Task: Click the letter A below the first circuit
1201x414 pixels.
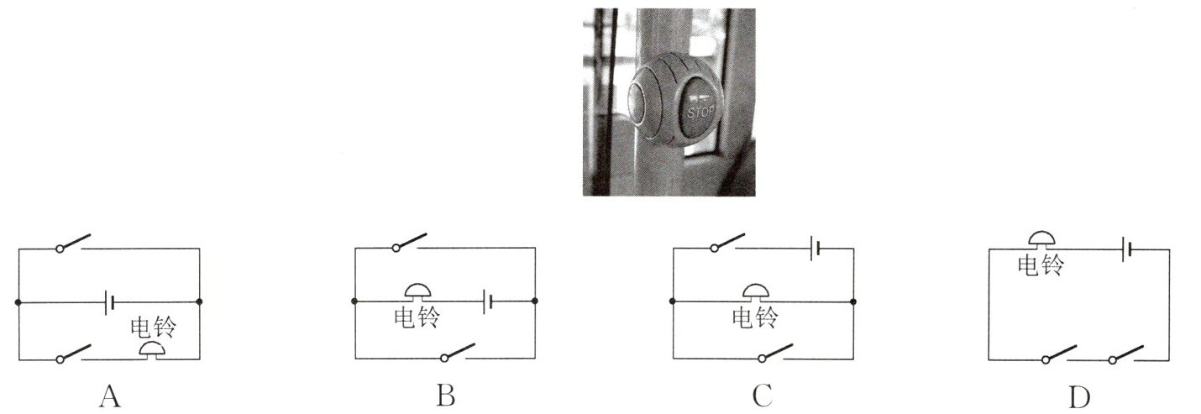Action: (110, 395)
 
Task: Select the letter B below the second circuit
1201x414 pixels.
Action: (446, 395)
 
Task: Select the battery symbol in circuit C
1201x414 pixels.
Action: (814, 249)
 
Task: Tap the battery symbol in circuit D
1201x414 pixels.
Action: (1130, 249)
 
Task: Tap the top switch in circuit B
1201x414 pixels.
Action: (410, 242)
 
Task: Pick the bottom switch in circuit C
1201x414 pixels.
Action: (774, 352)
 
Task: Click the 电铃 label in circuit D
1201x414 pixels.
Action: (1041, 265)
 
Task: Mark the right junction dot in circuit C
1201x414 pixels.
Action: (853, 301)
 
